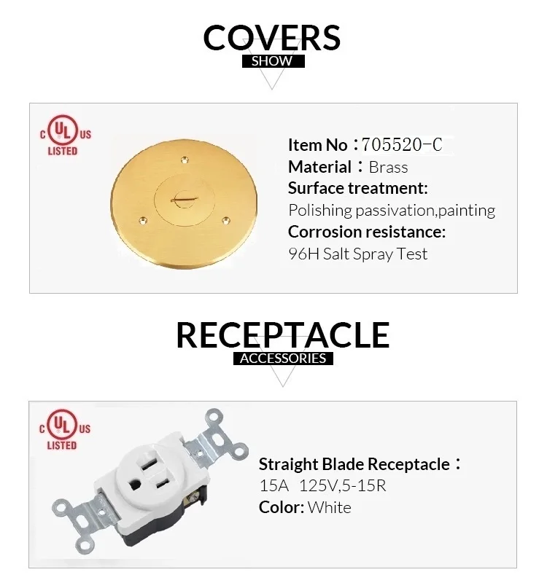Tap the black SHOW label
[x=272, y=61]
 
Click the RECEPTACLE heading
[x=282, y=334]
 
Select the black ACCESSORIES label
[x=283, y=359]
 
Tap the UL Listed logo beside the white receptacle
[x=65, y=429]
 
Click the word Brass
[x=388, y=167]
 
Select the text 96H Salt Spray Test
[x=357, y=254]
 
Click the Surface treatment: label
[x=357, y=188]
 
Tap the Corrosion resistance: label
[x=366, y=232]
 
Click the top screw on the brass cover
[x=183, y=156]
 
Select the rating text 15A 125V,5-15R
[x=322, y=485]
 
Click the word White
[x=329, y=507]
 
